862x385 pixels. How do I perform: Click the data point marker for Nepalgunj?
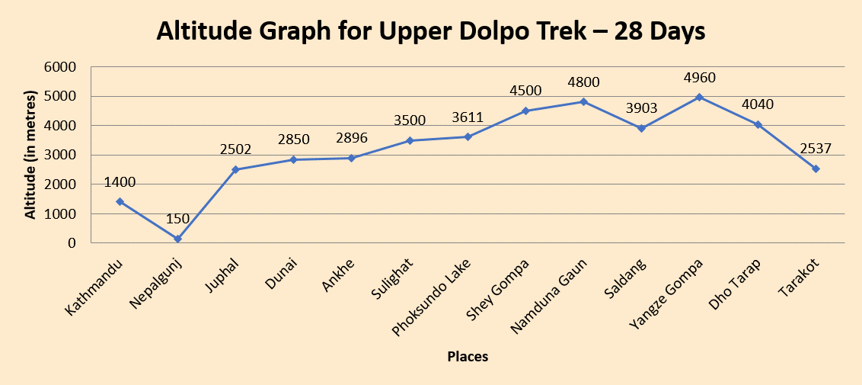tap(177, 239)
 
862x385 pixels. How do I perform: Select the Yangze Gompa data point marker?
tap(700, 98)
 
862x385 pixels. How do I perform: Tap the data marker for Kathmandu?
tap(120, 202)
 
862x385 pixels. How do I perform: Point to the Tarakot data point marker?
tap(816, 168)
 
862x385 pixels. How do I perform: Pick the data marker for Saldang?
tap(642, 128)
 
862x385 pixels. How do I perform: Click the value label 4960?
tap(700, 78)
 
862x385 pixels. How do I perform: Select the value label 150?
tap(177, 220)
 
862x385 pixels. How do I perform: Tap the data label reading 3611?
tap(468, 118)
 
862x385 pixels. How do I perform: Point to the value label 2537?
tap(815, 149)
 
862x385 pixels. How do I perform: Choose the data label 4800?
tap(584, 82)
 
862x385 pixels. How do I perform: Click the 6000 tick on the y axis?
tap(61, 67)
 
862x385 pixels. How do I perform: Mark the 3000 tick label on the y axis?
tap(61, 156)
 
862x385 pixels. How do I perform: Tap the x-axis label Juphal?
tap(222, 275)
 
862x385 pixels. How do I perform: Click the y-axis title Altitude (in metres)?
tap(31, 156)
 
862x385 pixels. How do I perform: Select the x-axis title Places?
tap(468, 356)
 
